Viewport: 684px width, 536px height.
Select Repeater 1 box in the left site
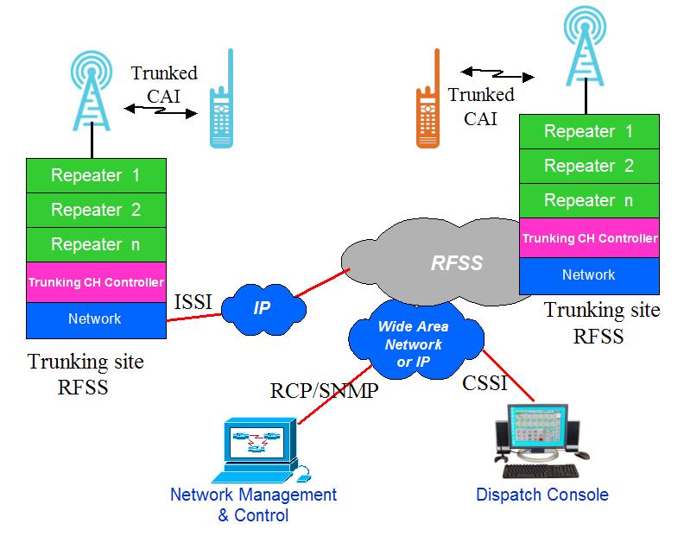pyautogui.click(x=95, y=175)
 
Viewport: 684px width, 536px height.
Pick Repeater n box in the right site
pyautogui.click(x=588, y=200)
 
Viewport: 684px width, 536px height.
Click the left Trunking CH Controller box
pyautogui.click(x=95, y=282)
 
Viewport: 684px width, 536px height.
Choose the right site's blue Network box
pyautogui.click(x=588, y=275)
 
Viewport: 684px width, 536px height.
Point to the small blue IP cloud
pyautogui.click(x=262, y=306)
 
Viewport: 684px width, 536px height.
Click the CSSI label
pyautogui.click(x=485, y=383)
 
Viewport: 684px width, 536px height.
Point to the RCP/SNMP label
pyautogui.click(x=324, y=391)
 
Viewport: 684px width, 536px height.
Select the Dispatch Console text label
pyautogui.click(x=542, y=495)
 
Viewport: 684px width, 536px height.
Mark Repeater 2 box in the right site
pyautogui.click(x=588, y=166)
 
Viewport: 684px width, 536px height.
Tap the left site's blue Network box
pyautogui.click(x=95, y=319)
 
